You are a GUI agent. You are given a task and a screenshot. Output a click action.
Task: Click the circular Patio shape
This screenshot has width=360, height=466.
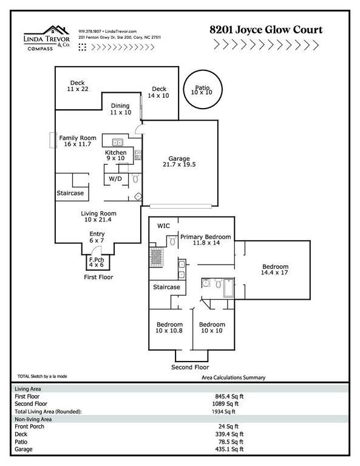[203, 70]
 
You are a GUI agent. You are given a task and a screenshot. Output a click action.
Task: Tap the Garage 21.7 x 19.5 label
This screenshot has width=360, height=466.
[179, 161]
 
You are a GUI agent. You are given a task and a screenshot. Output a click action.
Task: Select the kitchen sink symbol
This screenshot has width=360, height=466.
[118, 143]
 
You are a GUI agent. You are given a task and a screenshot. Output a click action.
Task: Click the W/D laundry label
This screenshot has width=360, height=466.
[115, 178]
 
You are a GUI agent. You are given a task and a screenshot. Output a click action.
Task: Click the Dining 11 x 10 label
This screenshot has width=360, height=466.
[120, 109]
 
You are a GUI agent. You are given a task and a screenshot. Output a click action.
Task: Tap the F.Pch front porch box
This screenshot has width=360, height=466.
[98, 262]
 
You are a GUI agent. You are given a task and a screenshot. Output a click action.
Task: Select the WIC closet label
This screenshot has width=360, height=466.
[163, 226]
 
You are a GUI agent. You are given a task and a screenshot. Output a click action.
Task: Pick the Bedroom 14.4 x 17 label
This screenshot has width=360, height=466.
[275, 269]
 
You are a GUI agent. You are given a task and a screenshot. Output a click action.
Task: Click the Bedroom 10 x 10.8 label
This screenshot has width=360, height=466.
[169, 328]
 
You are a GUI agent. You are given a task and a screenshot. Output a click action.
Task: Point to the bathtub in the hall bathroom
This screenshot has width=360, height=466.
[229, 288]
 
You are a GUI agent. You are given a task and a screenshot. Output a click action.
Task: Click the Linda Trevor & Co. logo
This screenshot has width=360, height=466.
[47, 38]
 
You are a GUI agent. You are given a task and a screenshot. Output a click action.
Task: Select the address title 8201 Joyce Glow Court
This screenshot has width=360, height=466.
[266, 30]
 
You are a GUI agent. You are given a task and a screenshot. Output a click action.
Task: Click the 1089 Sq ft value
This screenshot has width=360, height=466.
[225, 404]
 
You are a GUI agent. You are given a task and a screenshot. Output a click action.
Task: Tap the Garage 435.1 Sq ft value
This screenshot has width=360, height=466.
[229, 449]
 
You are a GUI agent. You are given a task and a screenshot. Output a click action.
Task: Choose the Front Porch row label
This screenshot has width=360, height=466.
[29, 427]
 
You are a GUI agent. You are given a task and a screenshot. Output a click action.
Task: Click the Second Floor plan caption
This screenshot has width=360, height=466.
[190, 367]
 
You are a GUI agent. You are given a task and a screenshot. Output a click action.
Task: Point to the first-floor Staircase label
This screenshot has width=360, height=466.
[70, 193]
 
